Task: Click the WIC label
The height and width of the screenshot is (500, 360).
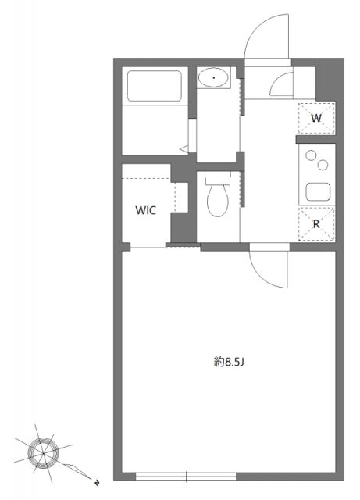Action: pos(146,210)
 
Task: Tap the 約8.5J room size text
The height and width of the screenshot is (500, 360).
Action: pos(230,362)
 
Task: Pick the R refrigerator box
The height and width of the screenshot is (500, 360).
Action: pos(316,224)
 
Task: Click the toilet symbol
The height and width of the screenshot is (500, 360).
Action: pos(216,201)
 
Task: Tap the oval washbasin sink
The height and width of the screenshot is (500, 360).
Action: pos(212,78)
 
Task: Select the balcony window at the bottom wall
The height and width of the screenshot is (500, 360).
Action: pos(186,475)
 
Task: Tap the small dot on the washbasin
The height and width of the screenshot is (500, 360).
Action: pos(212,78)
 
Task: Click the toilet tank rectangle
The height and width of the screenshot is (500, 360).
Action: pos(216,178)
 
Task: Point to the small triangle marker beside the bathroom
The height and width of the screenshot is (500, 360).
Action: pos(182,145)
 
